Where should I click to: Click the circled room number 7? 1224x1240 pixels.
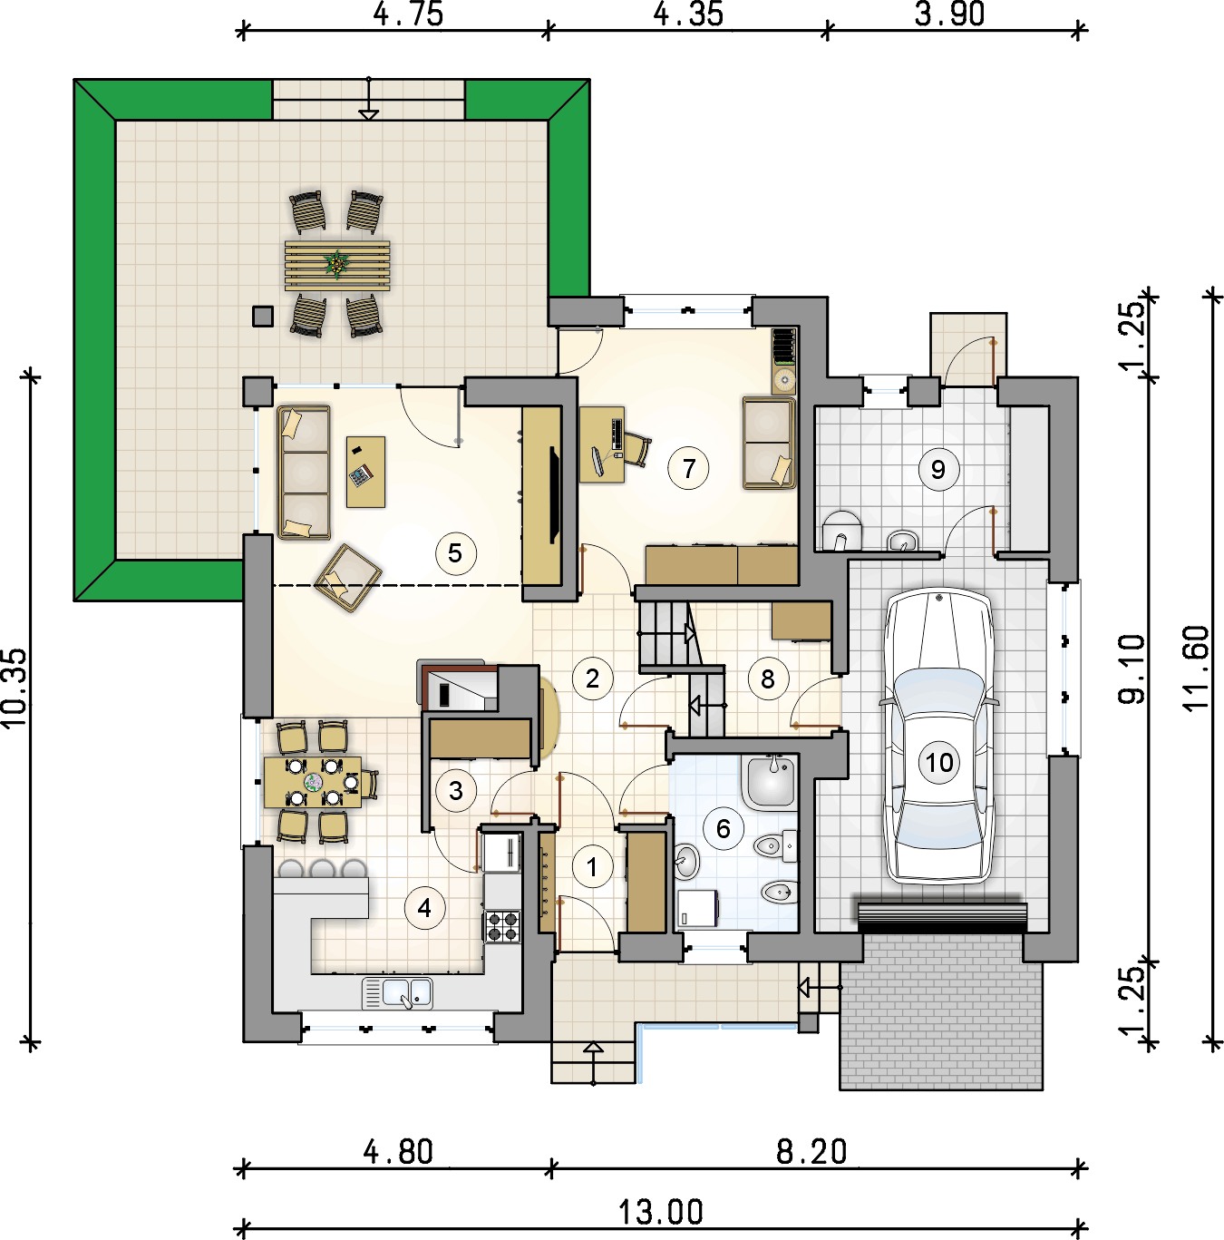click(688, 468)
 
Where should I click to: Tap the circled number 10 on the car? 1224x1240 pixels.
click(939, 763)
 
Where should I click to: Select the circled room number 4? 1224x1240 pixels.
click(424, 908)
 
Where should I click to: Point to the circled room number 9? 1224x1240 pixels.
click(938, 470)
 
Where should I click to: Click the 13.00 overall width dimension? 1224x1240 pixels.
click(661, 1212)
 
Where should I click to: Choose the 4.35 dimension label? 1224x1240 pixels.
click(688, 15)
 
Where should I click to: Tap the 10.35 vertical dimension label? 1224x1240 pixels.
click(15, 688)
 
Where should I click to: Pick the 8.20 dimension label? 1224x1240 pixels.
click(811, 1151)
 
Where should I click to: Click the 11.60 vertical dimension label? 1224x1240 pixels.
click(1197, 668)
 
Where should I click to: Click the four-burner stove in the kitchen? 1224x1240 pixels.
click(502, 927)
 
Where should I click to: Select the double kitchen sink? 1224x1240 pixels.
click(397, 993)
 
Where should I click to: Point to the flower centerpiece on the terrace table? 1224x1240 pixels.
click(336, 263)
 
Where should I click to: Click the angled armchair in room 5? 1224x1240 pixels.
click(348, 578)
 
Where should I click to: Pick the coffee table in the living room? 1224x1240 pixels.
click(365, 472)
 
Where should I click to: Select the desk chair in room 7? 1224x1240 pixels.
click(636, 449)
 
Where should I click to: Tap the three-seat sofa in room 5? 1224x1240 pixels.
click(304, 472)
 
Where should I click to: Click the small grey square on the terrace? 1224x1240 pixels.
click(262, 316)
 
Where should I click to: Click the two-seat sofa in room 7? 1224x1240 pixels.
click(769, 444)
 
